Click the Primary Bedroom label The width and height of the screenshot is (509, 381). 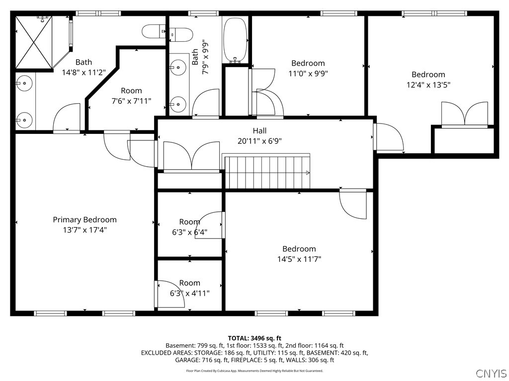(85, 220)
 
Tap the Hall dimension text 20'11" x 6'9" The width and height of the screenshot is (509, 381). (259, 141)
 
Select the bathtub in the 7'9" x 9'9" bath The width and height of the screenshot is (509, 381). (235, 40)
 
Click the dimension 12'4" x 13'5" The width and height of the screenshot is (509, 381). (428, 85)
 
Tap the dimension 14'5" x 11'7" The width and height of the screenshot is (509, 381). (299, 259)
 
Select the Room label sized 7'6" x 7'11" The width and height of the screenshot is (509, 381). (131, 91)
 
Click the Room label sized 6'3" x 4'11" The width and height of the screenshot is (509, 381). (189, 283)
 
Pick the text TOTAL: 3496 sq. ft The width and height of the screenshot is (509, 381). (254, 338)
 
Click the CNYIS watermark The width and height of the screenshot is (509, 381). (491, 373)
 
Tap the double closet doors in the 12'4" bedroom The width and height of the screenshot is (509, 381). (465, 114)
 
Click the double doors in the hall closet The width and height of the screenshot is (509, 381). (192, 156)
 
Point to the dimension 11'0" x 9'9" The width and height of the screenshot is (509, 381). (308, 73)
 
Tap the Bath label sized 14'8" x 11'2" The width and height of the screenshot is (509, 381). (84, 62)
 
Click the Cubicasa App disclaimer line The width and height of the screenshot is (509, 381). (254, 371)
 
